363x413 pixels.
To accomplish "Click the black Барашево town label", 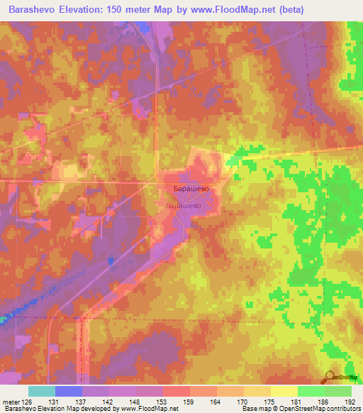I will click(x=189, y=189).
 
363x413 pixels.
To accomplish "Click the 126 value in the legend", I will click(x=28, y=402).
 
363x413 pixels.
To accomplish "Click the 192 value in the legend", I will click(x=350, y=402).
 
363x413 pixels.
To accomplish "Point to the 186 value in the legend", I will click(x=324, y=402).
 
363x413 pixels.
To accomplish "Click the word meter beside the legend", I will click(x=11, y=402).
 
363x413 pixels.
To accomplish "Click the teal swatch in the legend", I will click(x=42, y=391).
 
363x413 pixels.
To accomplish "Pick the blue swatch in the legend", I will click(x=69, y=391).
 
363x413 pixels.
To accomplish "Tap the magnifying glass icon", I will click(x=331, y=378).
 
